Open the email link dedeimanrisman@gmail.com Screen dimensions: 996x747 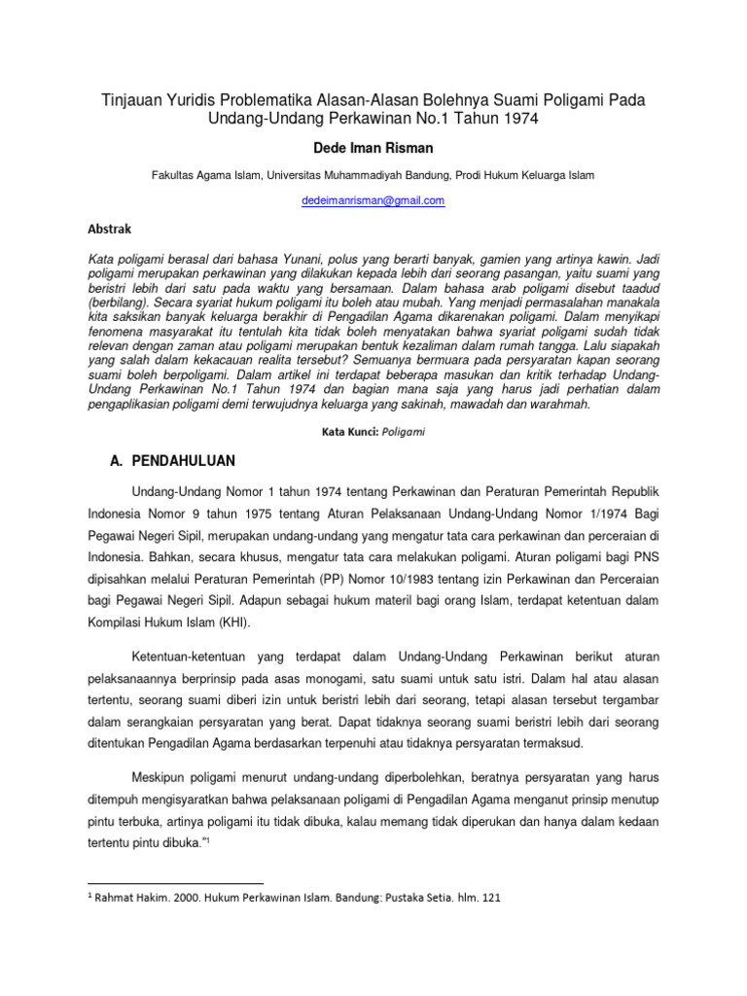[373, 200]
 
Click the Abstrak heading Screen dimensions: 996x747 [110, 229]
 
